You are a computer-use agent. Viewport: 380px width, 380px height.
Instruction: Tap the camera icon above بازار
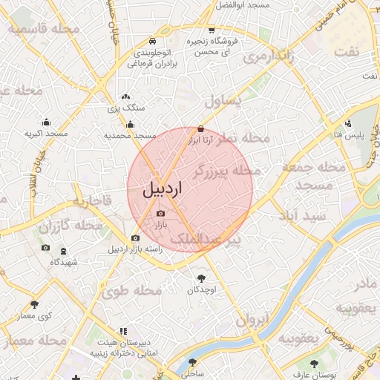pos(160,214)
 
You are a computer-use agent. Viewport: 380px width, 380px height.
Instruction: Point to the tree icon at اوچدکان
pos(200,278)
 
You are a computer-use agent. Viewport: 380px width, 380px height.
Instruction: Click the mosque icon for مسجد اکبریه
pos(47,122)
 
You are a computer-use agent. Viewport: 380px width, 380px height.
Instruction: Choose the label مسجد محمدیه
pos(130,136)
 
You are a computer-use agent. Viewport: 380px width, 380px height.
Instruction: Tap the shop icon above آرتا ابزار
pos(201,128)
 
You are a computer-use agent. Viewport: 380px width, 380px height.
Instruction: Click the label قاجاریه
pos(91,200)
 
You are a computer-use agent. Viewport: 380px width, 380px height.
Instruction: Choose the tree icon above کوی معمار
pos(34,304)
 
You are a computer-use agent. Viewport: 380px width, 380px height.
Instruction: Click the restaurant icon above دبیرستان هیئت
pos(123,330)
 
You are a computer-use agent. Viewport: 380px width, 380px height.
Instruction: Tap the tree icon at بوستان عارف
pos(314,364)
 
